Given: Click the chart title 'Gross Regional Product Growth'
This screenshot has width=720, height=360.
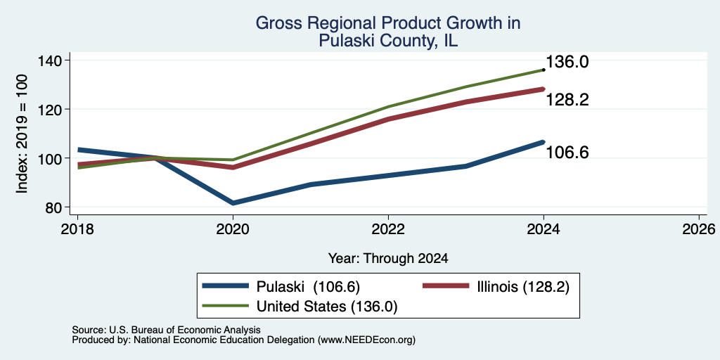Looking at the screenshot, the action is coord(388,23).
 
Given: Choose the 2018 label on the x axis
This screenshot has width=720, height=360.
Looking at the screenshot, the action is coord(77,229).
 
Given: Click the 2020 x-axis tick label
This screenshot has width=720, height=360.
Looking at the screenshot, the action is coord(233,229).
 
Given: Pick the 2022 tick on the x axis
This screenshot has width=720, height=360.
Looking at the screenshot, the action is coord(388,229).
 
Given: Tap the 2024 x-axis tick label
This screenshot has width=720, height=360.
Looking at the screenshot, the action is coord(544,229).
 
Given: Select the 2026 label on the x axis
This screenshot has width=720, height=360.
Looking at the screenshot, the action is coord(699,229).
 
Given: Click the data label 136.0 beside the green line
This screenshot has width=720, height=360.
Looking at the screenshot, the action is coord(567,63).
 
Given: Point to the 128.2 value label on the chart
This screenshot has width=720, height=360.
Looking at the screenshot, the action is coord(567,100).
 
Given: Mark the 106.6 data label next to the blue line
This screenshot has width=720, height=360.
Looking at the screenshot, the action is coord(567,152).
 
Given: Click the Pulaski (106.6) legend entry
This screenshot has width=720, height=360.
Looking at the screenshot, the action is coord(281,286).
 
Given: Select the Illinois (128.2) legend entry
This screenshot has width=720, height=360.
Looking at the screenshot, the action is coord(496,286).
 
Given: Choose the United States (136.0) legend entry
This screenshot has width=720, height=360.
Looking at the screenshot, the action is coord(300,307).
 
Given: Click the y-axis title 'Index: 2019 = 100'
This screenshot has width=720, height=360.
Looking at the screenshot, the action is coord(22,134).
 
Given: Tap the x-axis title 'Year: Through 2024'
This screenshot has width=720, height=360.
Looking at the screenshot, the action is coord(388,259).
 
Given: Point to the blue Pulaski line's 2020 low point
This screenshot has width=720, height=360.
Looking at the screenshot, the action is coord(233,202).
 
